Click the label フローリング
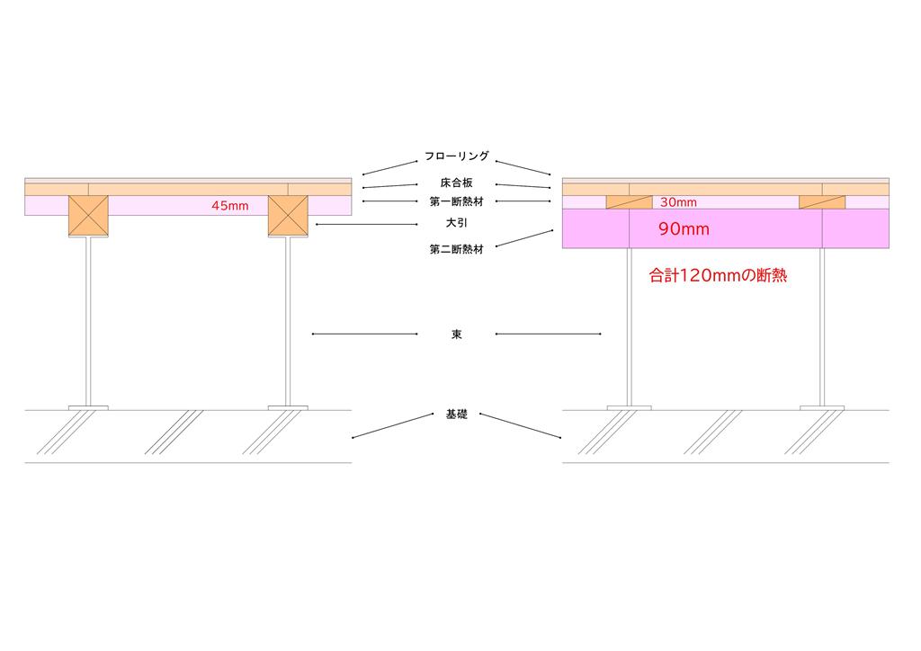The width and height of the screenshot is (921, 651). click(x=457, y=156)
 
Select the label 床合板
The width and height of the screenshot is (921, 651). click(x=457, y=183)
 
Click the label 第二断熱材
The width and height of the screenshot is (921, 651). click(x=456, y=250)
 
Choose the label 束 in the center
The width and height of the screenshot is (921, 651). click(x=457, y=334)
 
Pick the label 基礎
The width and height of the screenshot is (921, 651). click(x=456, y=415)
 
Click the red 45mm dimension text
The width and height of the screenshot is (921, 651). click(x=230, y=206)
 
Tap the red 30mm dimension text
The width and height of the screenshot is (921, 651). click(x=678, y=202)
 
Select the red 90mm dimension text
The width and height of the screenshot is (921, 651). click(x=684, y=229)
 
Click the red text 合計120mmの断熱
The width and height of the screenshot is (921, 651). click(x=718, y=276)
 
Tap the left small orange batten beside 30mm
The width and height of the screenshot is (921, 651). click(x=629, y=202)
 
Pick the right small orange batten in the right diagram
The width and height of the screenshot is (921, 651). click(x=822, y=202)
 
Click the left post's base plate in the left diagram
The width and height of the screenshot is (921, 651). click(x=88, y=408)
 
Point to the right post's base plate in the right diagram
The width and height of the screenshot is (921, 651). click(x=822, y=408)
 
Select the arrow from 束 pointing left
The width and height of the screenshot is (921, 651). click(x=364, y=334)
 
